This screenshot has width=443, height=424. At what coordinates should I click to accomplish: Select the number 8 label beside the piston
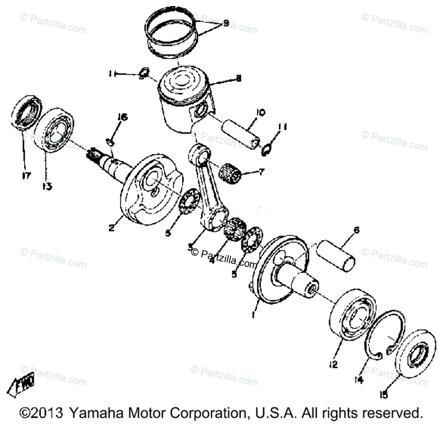click(x=238, y=78)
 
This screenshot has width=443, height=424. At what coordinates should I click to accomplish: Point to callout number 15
click(x=384, y=395)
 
